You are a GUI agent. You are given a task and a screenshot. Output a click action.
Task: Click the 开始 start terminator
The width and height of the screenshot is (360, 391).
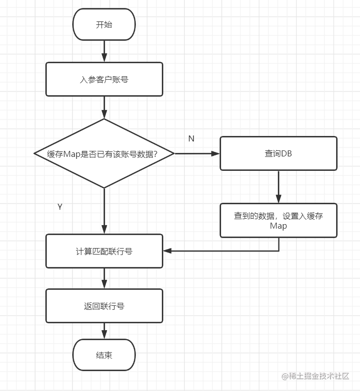click(104, 24)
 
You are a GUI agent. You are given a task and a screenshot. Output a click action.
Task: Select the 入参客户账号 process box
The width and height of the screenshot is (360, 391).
click(104, 79)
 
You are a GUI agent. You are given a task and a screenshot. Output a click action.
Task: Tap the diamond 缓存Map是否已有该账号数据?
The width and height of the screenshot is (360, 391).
click(104, 153)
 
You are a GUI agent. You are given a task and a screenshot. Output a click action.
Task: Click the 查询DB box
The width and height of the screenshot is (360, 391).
click(278, 153)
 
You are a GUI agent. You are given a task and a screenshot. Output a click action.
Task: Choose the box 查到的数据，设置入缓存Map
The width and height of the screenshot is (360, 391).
click(278, 220)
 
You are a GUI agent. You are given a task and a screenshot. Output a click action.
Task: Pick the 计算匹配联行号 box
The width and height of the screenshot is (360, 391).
click(104, 251)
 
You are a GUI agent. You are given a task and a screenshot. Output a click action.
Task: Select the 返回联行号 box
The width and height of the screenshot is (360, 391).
click(104, 306)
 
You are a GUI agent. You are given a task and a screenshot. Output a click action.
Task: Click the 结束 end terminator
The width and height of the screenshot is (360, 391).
click(104, 355)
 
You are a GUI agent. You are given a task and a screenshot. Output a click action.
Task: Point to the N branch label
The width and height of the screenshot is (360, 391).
click(191, 139)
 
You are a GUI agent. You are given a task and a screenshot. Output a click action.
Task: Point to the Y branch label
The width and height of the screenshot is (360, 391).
click(60, 207)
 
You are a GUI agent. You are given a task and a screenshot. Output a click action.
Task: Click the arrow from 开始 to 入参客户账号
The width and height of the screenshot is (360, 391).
click(104, 51)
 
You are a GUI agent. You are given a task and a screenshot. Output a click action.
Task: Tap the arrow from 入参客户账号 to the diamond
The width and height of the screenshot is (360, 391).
click(104, 107)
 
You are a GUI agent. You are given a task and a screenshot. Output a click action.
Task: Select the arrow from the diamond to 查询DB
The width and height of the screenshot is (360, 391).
click(197, 153)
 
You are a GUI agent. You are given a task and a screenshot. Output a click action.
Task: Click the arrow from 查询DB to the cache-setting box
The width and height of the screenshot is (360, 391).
click(278, 186)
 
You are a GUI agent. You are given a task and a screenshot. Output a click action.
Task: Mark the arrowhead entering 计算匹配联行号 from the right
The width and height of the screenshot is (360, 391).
click(168, 251)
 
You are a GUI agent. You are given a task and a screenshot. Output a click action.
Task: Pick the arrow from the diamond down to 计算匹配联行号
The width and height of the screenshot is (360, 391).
click(104, 211)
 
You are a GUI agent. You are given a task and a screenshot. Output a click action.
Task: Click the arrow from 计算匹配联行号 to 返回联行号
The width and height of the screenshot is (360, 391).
click(104, 278)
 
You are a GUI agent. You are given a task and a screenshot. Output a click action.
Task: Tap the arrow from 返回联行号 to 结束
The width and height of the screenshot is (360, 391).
click(104, 330)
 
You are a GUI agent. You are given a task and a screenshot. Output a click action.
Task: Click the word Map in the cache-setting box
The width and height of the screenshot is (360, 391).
click(278, 226)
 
